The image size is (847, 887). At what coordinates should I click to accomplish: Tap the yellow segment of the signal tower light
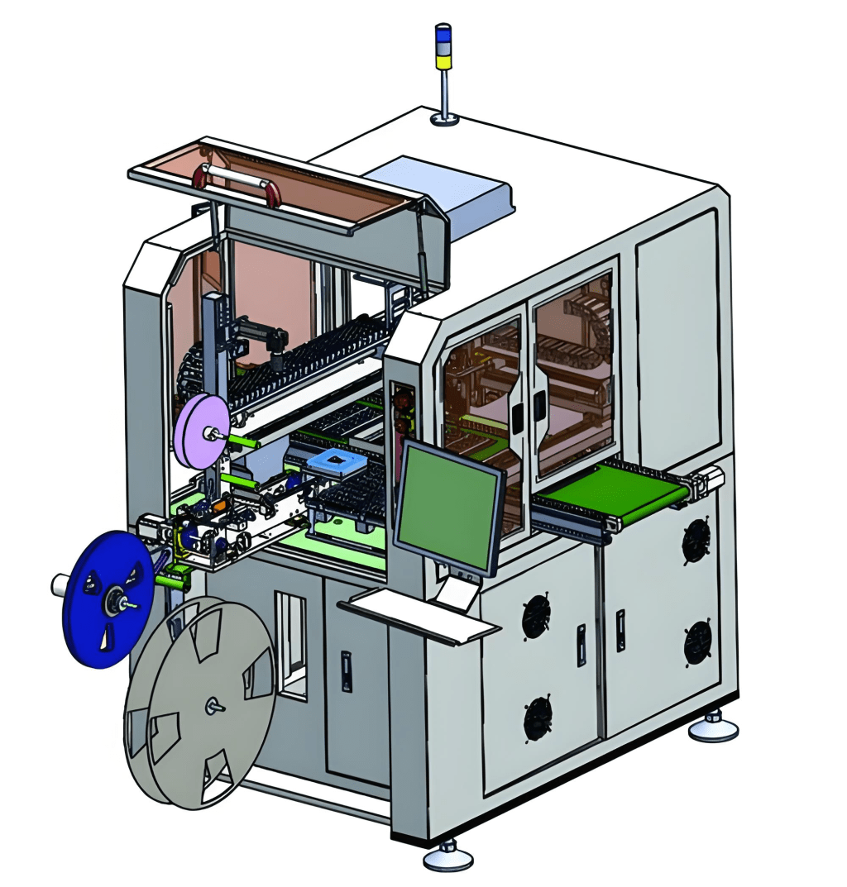click(x=444, y=60)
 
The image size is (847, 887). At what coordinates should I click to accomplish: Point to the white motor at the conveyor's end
click(x=710, y=479)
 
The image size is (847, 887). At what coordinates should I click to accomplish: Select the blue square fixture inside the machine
click(x=335, y=465)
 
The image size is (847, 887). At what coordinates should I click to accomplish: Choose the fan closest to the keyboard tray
click(x=536, y=617)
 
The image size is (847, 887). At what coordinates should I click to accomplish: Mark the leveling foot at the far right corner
click(x=713, y=727)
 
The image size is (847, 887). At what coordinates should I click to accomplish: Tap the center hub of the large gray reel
click(x=213, y=705)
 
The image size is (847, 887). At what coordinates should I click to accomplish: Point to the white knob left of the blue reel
click(x=60, y=585)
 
